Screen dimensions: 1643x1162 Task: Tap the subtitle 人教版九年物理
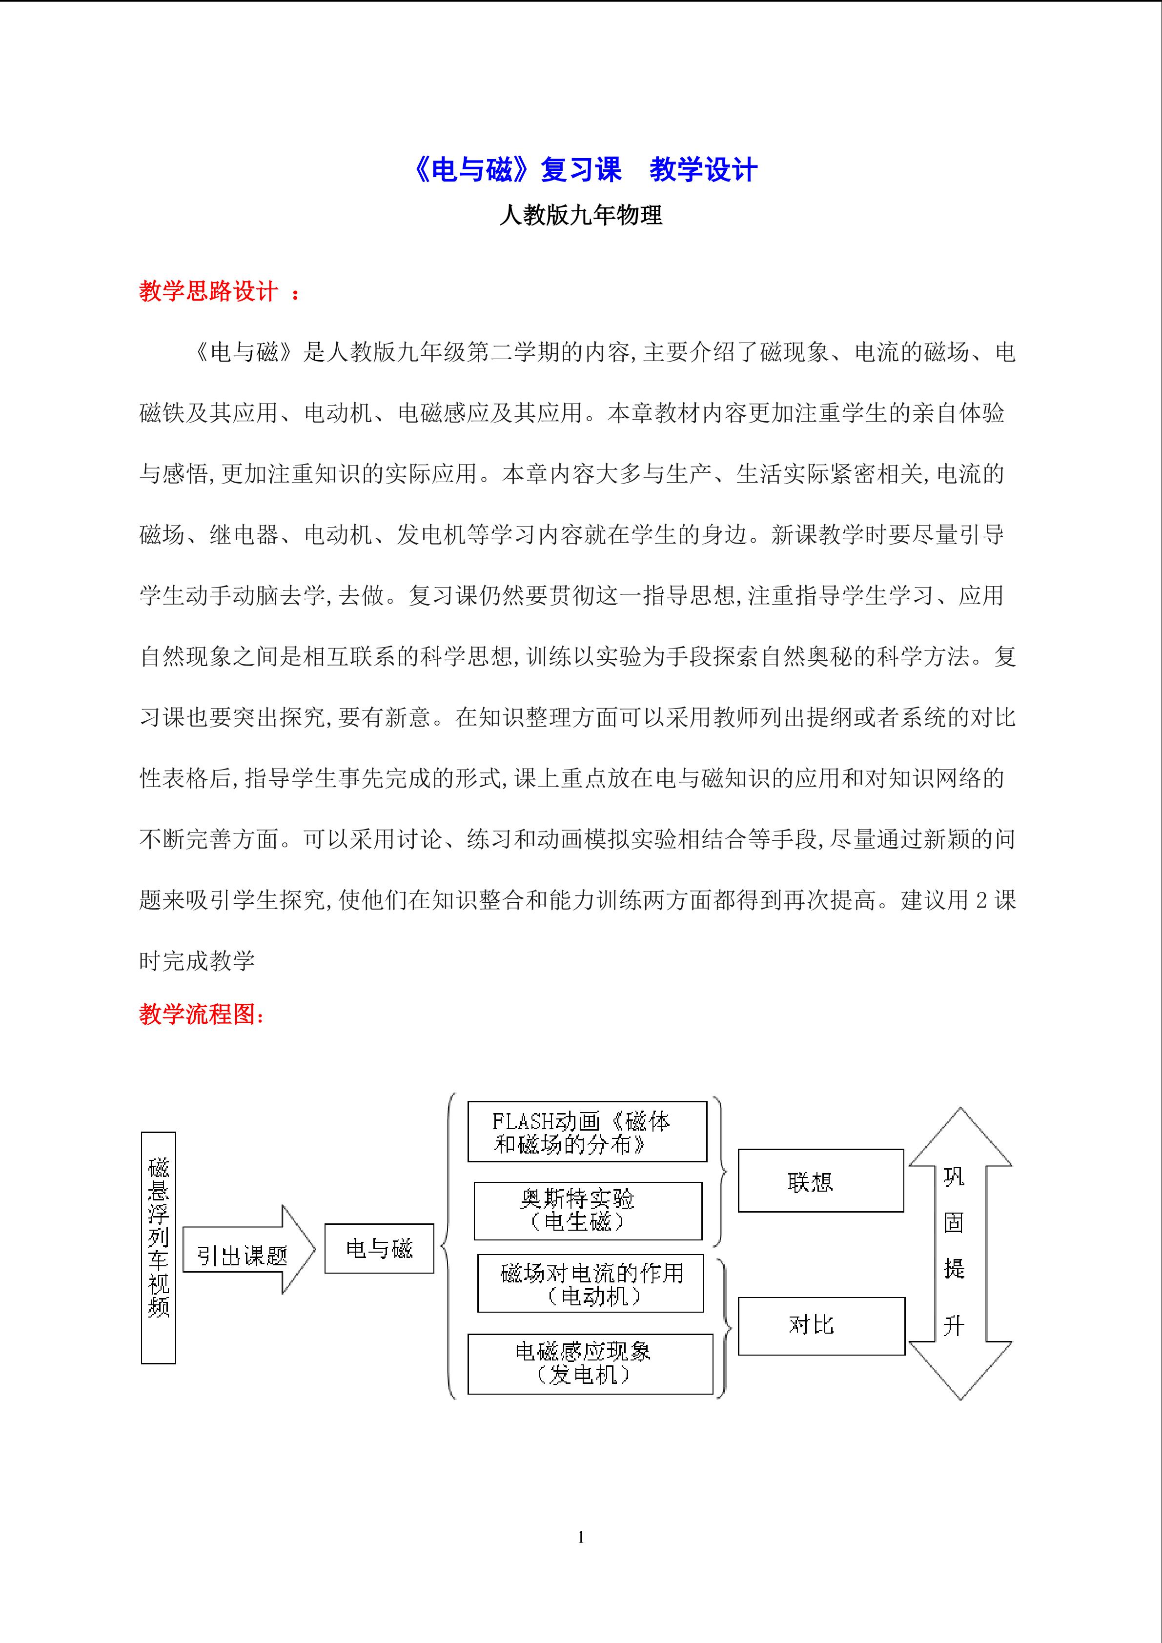pos(580,215)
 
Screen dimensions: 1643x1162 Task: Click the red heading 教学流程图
pos(201,1014)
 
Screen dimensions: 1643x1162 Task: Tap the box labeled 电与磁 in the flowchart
pos(379,1249)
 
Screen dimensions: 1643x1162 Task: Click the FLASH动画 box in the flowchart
pos(587,1131)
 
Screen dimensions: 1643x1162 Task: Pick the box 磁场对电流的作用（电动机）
pos(591,1283)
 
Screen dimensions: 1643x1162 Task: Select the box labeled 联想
pos(821,1181)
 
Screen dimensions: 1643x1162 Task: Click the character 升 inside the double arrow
pos(954,1325)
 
